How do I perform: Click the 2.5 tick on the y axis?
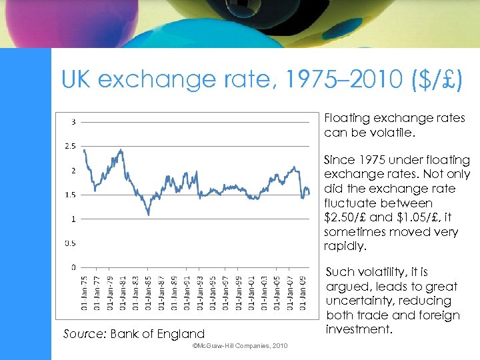(69, 146)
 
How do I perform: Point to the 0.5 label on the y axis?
(69, 243)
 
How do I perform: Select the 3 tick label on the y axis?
(72, 121)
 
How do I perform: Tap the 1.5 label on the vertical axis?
(69, 195)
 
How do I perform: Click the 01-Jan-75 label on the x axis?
(84, 293)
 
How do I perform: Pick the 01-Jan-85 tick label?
(149, 293)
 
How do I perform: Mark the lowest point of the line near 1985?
(148, 215)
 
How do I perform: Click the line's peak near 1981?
(121, 150)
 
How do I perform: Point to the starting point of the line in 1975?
(83, 149)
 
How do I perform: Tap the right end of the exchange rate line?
(309, 193)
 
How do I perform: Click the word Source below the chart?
(85, 333)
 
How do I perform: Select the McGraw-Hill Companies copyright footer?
(239, 346)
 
